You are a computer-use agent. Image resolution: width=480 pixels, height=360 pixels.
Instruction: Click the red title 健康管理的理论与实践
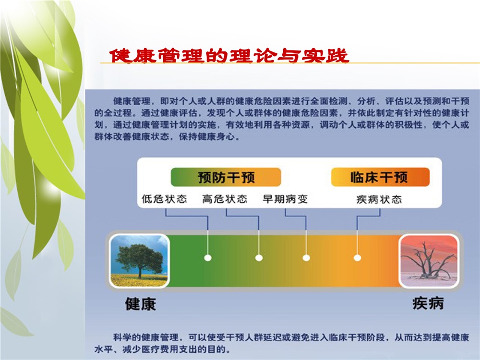(229, 55)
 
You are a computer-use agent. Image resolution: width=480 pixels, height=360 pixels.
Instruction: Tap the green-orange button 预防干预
(226, 177)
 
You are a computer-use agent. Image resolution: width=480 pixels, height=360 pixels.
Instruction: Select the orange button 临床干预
(380, 177)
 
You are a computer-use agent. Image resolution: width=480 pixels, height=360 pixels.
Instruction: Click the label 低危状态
(164, 199)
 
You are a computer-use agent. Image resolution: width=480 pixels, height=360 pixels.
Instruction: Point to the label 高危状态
(225, 199)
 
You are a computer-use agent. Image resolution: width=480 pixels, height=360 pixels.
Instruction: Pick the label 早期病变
(285, 199)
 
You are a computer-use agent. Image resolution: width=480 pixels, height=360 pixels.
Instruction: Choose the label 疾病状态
(379, 199)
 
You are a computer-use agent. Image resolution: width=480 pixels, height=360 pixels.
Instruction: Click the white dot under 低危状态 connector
(208, 258)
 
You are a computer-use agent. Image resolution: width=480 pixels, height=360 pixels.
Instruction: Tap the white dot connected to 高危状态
(259, 258)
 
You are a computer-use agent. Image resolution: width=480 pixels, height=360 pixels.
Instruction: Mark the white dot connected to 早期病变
(306, 258)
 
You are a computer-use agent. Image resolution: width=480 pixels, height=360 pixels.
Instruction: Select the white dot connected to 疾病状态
(357, 258)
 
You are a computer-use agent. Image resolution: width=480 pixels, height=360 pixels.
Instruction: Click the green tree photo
(139, 261)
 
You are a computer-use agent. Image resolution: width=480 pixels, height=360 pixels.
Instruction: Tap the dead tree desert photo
(429, 261)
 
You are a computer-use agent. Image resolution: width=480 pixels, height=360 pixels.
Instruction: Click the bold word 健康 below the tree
(141, 304)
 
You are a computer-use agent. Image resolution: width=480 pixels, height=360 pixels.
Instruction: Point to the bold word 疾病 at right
(428, 303)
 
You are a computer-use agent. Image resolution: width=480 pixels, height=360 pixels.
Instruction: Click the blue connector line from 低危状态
(186, 216)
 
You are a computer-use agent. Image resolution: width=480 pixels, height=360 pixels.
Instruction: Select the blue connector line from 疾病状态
(369, 216)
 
